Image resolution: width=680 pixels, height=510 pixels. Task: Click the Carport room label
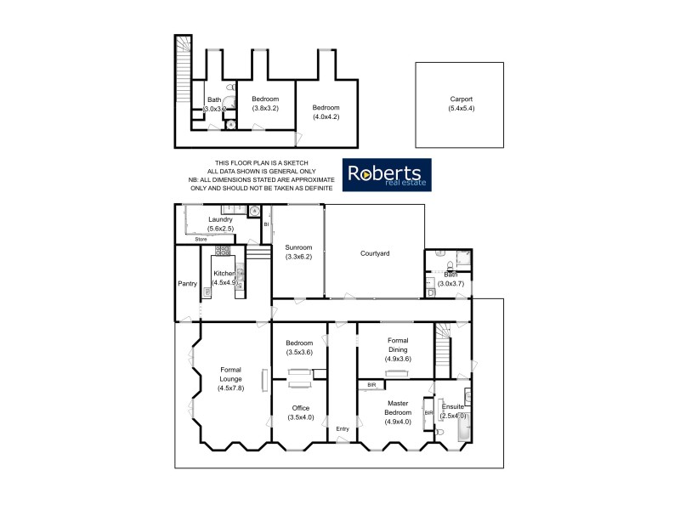point(462,104)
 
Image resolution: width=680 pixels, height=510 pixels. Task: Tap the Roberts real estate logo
point(387,174)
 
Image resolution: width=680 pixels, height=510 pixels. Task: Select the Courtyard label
point(374,253)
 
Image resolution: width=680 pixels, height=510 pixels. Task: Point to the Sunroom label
point(298,251)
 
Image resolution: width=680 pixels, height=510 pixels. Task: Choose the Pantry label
point(187,283)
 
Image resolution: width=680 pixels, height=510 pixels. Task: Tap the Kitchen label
point(225,277)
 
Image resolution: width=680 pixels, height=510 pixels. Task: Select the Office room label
point(300,412)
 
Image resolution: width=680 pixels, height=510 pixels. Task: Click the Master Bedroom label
point(398,412)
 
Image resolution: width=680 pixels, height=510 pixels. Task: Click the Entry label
point(343,428)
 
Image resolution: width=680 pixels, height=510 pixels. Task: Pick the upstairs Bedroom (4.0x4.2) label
point(326,112)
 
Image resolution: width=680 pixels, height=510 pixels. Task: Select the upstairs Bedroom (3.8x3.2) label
point(265,104)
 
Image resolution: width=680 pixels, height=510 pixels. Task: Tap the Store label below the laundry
point(201,240)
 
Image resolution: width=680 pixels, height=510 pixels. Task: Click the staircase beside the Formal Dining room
point(443,348)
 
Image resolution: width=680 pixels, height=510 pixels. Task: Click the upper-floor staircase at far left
point(182,72)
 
